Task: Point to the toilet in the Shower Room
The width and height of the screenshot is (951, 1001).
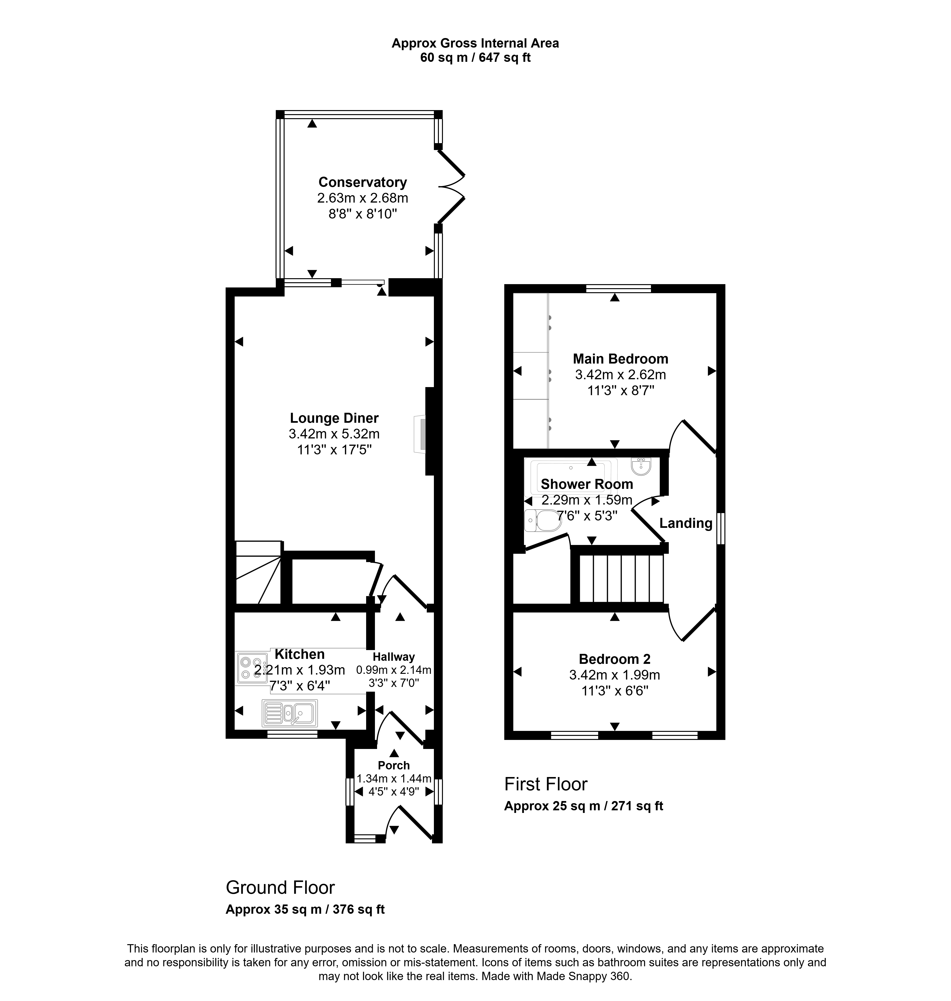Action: click(x=542, y=520)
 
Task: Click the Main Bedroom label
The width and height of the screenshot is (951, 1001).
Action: click(x=621, y=359)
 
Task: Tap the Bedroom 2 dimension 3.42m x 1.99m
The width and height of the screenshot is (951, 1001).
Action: click(x=614, y=675)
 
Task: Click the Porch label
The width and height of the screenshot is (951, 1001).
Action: click(x=394, y=765)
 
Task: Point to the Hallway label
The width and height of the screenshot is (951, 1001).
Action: click(x=394, y=657)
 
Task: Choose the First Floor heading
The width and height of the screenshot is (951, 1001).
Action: click(x=546, y=784)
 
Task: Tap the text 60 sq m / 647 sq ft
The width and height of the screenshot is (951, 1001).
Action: click(x=475, y=58)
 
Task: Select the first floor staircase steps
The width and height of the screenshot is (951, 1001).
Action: click(x=621, y=578)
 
